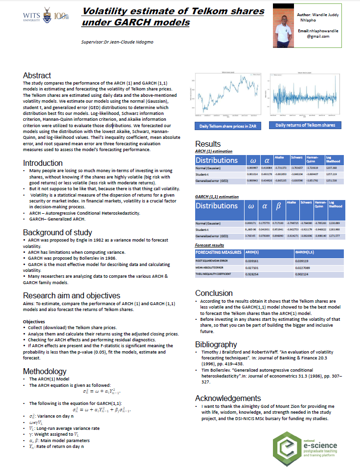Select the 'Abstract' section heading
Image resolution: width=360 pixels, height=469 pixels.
(x=37, y=76)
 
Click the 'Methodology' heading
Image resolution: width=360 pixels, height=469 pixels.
(x=45, y=372)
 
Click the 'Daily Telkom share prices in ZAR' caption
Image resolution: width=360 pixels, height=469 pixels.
(x=228, y=126)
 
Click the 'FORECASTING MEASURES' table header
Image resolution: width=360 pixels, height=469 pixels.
(x=219, y=252)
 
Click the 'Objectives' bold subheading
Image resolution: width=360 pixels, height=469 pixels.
(x=34, y=321)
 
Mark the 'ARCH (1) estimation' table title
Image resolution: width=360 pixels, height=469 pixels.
(x=214, y=152)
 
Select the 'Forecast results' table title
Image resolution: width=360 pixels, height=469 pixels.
(x=210, y=245)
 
